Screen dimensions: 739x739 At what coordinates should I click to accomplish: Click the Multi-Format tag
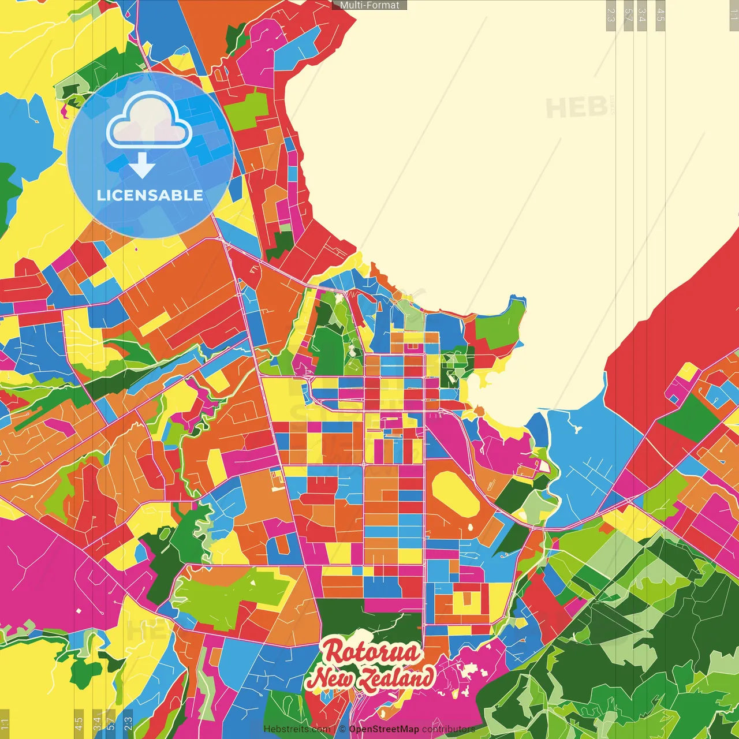coord(369,5)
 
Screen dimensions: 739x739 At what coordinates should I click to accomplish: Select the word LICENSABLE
coord(150,196)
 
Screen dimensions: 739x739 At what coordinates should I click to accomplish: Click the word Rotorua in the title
coord(371,651)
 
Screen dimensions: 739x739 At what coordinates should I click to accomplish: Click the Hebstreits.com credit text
coord(297,729)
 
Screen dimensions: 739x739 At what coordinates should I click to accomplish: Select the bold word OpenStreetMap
coord(384,729)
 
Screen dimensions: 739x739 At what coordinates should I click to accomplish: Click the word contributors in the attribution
coord(448,729)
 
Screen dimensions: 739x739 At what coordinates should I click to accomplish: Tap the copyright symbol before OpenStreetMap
coord(342,729)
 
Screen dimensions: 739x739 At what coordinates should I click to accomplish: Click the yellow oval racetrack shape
coord(455,494)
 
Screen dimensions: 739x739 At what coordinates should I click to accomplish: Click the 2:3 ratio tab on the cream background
coord(611,15)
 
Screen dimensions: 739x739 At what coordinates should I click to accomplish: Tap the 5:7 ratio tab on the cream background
coord(629,15)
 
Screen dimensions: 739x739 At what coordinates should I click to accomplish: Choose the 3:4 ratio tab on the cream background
coord(642,15)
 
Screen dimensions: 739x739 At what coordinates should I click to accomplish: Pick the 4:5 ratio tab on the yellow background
coord(79,722)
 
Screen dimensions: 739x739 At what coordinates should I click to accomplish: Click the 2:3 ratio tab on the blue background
coord(128,722)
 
